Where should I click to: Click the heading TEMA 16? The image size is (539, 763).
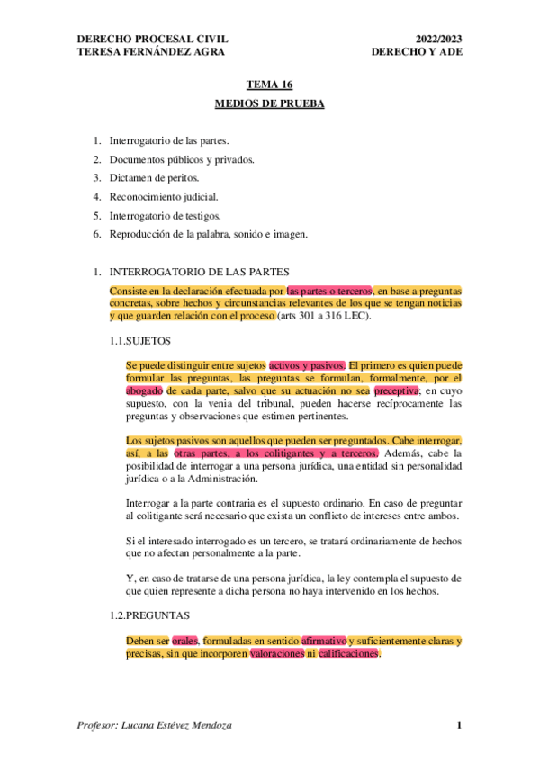269,85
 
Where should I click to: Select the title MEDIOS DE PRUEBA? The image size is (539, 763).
269,103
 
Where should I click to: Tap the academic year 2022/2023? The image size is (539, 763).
438,39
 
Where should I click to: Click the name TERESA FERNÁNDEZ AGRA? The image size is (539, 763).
152,51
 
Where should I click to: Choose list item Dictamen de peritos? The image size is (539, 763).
154,178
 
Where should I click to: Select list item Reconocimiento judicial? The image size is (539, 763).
163,197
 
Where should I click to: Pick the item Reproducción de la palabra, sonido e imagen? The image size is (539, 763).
208,235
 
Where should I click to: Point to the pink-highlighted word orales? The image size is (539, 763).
184,641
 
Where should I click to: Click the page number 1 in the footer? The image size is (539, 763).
458,725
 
